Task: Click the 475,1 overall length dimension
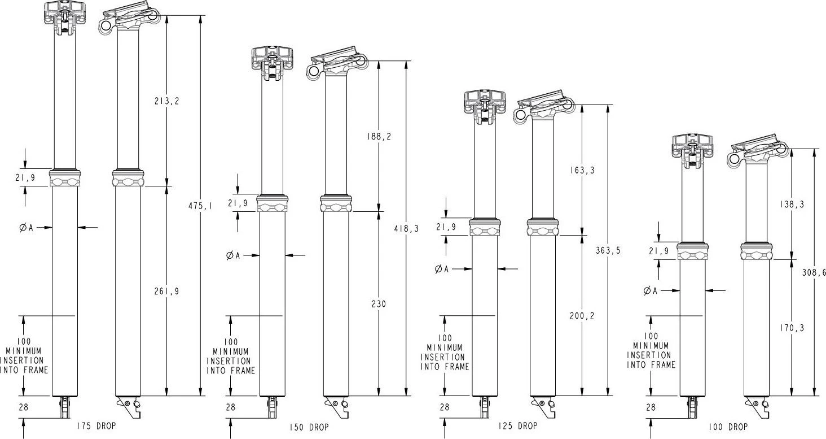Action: pos(200,207)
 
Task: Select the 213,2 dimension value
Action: pos(166,102)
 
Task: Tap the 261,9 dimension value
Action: pos(166,292)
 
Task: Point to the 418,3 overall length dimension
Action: pos(406,228)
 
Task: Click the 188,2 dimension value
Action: pos(379,137)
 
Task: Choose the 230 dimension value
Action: pos(379,304)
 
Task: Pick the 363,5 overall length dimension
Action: pos(608,251)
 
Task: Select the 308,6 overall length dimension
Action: pos(814,272)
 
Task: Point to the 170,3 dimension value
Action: pos(793,328)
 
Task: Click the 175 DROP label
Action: pos(95,425)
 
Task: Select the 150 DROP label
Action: pos(309,427)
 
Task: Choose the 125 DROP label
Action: pos(518,425)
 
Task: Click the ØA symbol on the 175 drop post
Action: pos(26,228)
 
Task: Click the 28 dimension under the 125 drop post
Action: pos(444,407)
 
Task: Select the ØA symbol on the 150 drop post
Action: pos(232,256)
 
